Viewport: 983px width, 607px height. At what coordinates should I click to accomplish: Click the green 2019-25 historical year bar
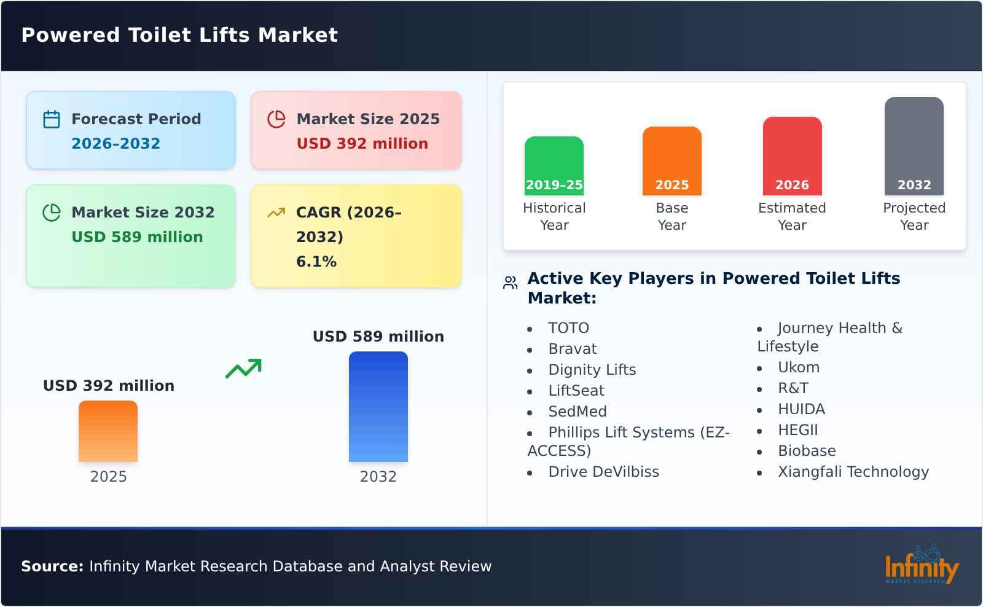[554, 165]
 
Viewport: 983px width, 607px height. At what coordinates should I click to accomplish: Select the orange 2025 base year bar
[672, 160]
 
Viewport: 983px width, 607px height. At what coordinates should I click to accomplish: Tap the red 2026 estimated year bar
[792, 155]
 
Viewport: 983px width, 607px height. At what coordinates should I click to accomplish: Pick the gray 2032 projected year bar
[914, 146]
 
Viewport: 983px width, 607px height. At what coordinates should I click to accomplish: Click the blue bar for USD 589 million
[378, 406]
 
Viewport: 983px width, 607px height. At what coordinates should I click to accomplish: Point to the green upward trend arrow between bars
[243, 368]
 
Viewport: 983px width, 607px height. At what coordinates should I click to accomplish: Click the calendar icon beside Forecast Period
[52, 119]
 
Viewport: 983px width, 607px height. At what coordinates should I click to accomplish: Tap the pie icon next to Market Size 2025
[276, 119]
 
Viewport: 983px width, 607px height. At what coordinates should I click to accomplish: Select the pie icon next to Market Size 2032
[52, 213]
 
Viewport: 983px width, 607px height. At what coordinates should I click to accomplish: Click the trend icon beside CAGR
[276, 213]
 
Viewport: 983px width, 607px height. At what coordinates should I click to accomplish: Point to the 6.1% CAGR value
[316, 262]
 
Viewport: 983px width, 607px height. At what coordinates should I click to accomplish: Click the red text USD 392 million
[362, 144]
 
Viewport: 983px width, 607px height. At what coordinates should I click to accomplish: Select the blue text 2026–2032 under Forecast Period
[116, 144]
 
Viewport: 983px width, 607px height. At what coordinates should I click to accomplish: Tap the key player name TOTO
[568, 328]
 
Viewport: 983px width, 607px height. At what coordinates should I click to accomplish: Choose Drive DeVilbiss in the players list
[603, 472]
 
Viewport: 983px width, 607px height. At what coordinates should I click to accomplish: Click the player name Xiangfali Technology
[853, 472]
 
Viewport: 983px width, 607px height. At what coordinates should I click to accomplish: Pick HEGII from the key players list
[797, 430]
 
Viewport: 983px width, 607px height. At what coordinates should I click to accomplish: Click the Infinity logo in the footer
[921, 565]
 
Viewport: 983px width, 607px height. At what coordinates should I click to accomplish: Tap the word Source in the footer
[52, 566]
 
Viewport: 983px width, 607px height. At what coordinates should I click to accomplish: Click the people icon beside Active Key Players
[510, 283]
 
